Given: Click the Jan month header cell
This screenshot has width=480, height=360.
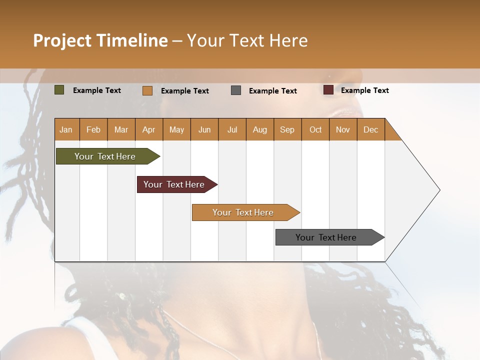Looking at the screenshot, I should coord(66,129).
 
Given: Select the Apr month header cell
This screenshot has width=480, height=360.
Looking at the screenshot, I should coord(149,129).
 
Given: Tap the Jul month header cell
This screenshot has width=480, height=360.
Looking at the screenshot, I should coord(232,129).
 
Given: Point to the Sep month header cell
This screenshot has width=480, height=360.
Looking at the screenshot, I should coord(287,129).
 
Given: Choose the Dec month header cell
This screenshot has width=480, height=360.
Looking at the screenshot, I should coord(370,129).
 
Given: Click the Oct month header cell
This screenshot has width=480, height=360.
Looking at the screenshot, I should coord(315,129).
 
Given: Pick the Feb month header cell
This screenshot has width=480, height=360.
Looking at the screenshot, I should coord(93,129).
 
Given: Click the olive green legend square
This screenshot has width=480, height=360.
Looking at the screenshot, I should coord(59,90).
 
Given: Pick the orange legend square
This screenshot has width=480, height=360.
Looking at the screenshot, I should coord(147,90).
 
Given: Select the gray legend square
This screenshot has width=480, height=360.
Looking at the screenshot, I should coord(236,90).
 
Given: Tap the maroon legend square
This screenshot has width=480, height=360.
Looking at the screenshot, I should coord(328,90).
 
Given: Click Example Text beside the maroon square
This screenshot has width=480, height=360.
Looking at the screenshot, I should coord(364,90).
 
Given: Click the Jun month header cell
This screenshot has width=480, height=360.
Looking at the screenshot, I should coord(204,129).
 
